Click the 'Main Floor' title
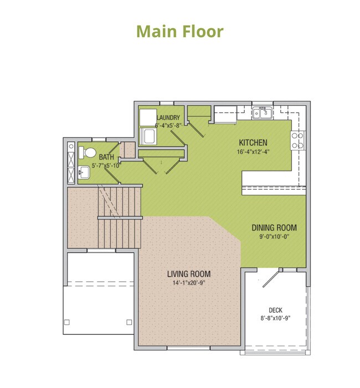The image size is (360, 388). [x=180, y=31]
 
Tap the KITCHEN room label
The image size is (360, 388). [x=253, y=142]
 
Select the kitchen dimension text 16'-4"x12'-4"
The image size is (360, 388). [x=253, y=152]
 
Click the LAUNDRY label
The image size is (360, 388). [x=169, y=118]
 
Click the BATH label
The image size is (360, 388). [x=107, y=157]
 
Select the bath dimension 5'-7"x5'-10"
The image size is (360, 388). [x=105, y=165]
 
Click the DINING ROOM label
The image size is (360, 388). [x=274, y=227]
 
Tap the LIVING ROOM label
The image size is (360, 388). [x=189, y=274]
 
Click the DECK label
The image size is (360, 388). [x=276, y=310]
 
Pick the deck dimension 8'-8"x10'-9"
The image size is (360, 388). [x=276, y=318]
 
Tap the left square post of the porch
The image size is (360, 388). [x=67, y=322]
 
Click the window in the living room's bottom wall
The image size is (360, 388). [x=187, y=349]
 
